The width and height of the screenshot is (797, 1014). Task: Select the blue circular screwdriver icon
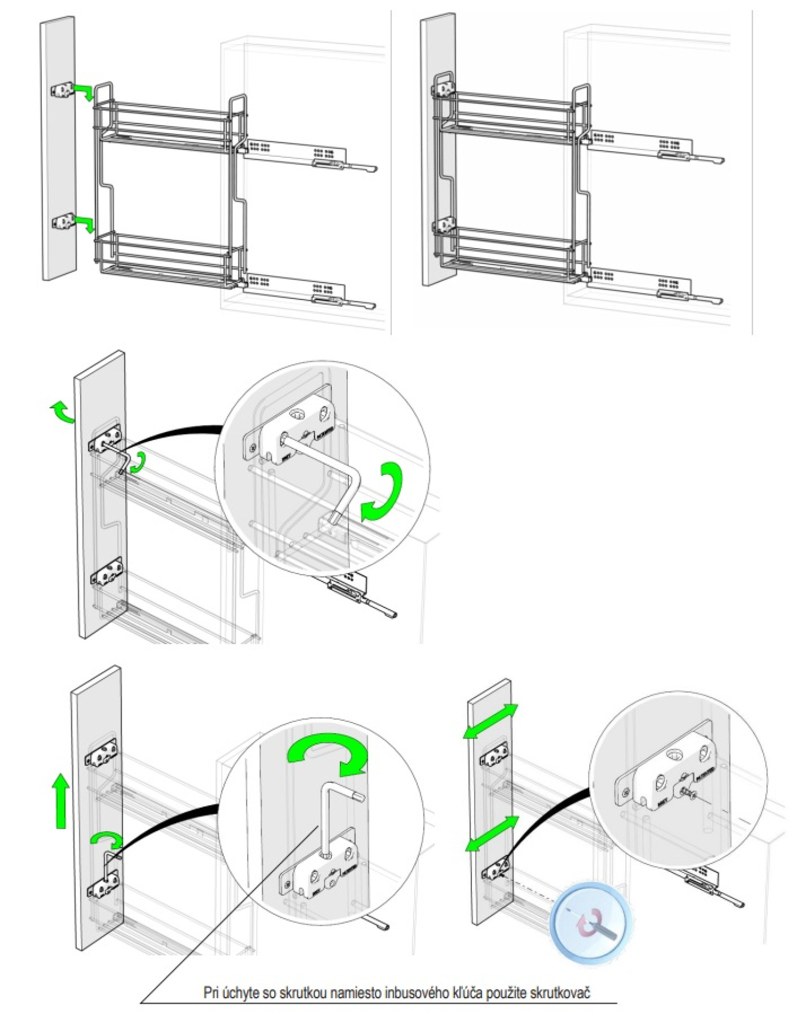pos(590,922)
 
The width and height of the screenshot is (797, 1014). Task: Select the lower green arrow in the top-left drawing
pos(85,222)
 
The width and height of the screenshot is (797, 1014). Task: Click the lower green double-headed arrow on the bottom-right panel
pos(491,834)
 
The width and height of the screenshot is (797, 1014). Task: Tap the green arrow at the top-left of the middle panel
pos(62,411)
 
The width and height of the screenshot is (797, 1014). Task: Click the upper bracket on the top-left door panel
pos(62,90)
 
